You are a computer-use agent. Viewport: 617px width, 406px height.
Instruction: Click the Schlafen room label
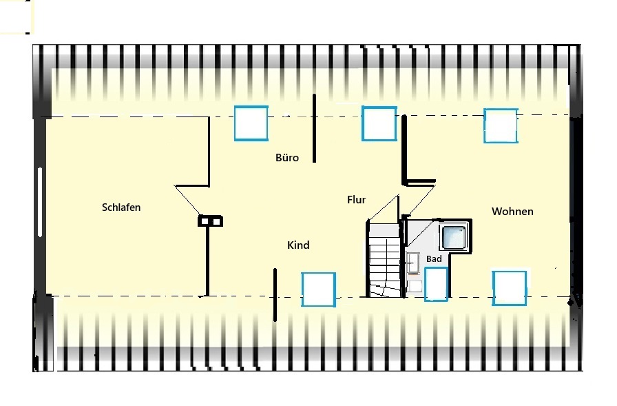121,207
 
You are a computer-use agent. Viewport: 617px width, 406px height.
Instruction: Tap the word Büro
287,158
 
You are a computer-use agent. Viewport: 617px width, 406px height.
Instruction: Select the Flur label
357,200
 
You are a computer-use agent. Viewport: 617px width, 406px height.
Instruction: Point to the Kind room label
298,245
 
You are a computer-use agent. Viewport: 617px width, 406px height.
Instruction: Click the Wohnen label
512,212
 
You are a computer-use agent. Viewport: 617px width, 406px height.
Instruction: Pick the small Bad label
434,258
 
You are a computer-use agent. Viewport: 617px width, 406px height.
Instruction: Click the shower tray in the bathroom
454,237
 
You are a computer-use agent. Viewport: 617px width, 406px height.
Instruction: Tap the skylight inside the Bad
436,284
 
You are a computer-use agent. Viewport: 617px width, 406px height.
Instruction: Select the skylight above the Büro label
251,123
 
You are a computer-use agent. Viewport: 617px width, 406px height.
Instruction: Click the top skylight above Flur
379,123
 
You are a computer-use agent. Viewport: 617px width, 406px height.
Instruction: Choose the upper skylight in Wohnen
501,125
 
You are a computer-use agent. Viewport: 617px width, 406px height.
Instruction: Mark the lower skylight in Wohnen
509,288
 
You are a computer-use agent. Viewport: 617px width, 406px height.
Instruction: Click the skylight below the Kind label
318,290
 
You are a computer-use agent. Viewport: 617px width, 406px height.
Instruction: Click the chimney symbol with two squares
210,221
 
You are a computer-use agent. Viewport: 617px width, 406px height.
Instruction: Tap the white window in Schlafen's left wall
40,202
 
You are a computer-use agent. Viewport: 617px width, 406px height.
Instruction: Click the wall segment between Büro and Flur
314,128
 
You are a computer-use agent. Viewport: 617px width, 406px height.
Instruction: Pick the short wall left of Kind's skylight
275,295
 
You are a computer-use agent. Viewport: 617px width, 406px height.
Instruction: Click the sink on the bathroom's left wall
412,263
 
